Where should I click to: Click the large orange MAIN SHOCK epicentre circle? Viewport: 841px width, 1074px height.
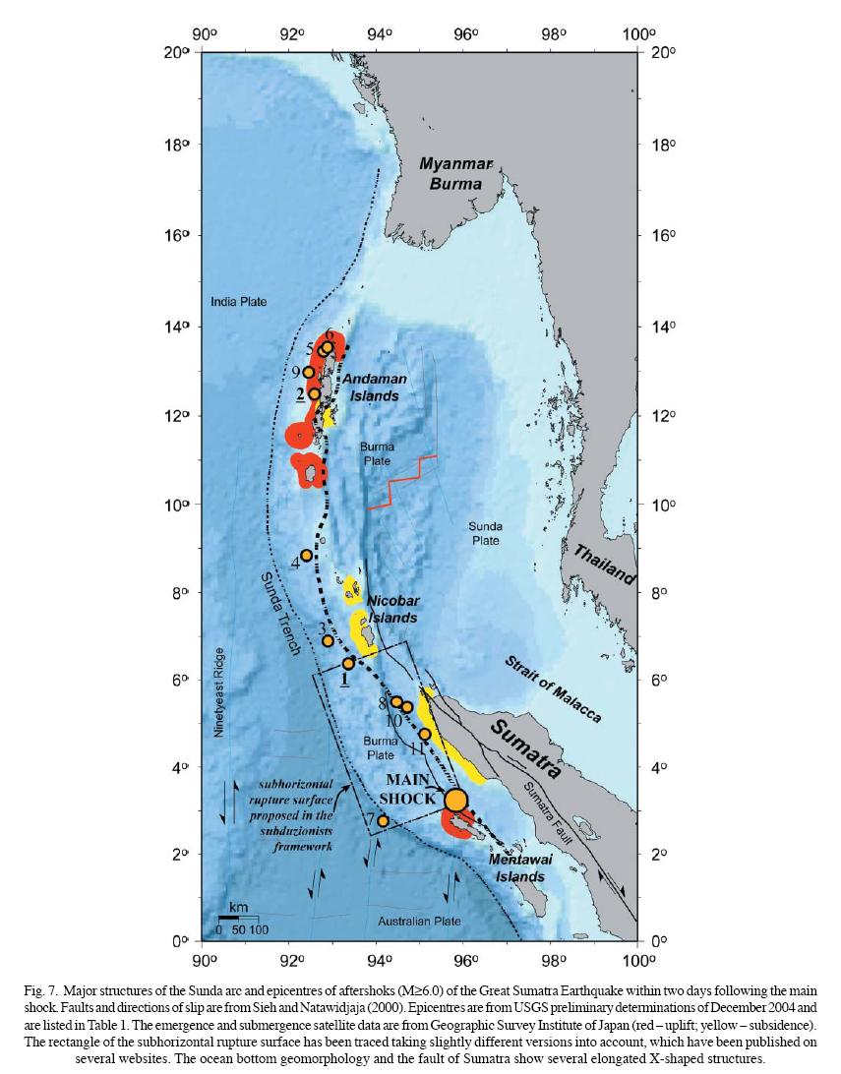(x=455, y=800)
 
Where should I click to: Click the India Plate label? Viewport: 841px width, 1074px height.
(x=238, y=302)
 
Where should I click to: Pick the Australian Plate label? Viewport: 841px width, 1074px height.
(x=420, y=921)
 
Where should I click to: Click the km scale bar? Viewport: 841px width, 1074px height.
(x=237, y=918)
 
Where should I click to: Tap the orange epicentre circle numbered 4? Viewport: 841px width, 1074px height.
(x=307, y=556)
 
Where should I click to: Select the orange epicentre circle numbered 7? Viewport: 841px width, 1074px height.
(x=383, y=820)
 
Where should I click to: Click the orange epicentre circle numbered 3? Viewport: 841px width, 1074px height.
(x=328, y=641)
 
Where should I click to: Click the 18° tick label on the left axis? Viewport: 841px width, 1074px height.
(x=176, y=144)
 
